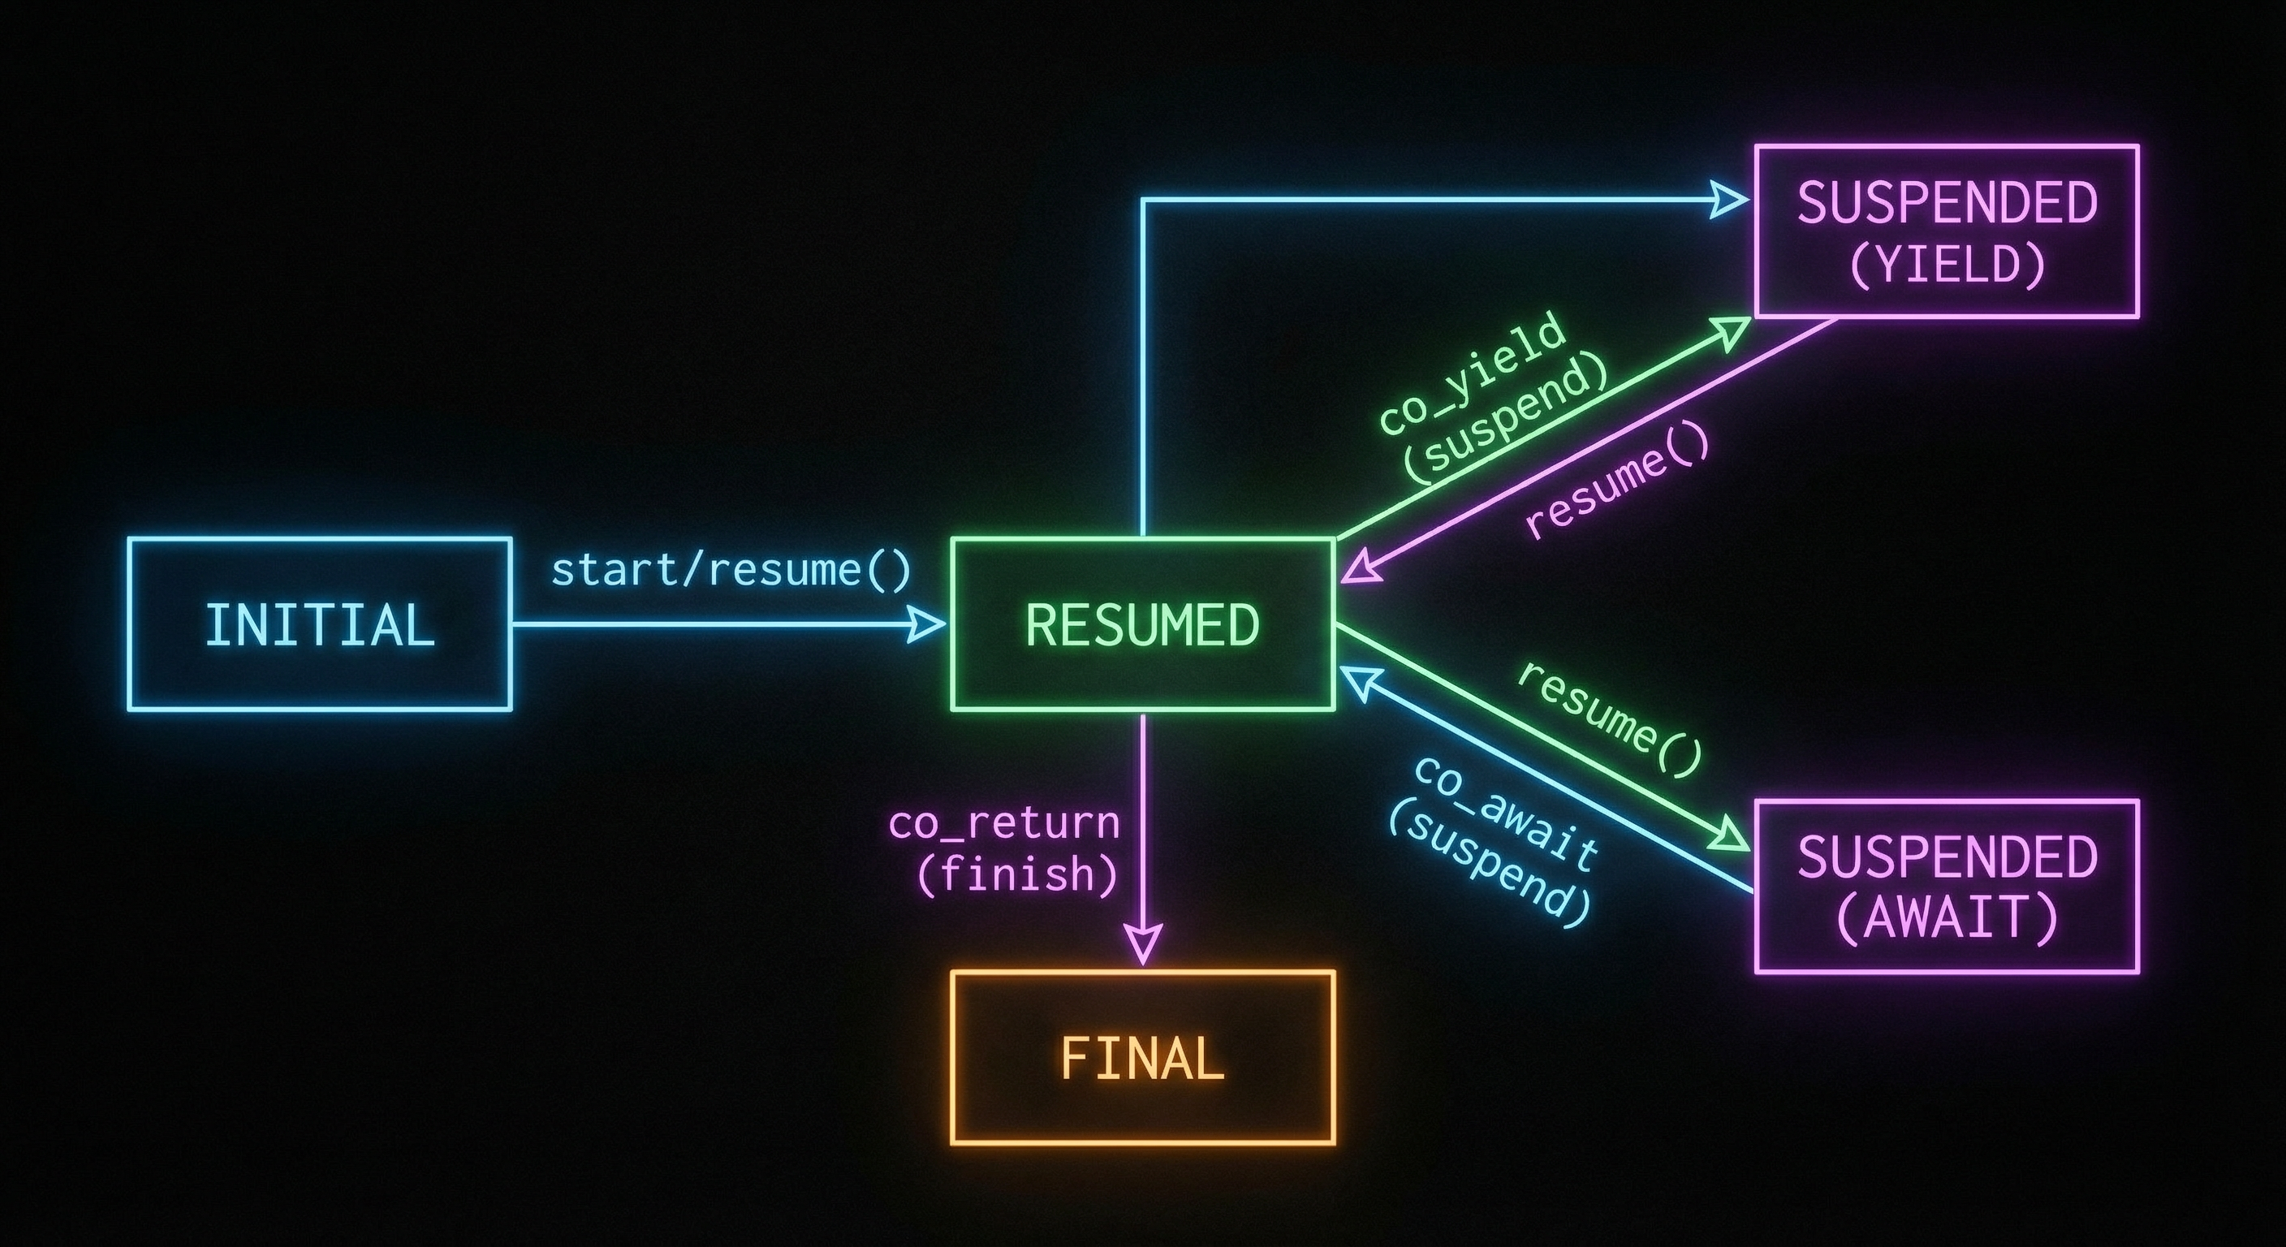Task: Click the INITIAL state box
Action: click(x=320, y=624)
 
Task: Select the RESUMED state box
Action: click(x=1142, y=624)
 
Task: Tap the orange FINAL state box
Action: click(x=1142, y=1057)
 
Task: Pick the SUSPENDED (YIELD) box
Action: click(x=1946, y=231)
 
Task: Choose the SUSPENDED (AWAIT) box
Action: click(x=1946, y=886)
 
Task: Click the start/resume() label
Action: click(x=731, y=570)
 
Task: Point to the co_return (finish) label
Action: click(x=1003, y=848)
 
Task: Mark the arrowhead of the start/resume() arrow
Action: click(x=927, y=624)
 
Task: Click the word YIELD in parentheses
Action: click(x=1947, y=264)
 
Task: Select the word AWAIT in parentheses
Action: click(x=1945, y=917)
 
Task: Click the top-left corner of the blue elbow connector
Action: click(x=1142, y=201)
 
